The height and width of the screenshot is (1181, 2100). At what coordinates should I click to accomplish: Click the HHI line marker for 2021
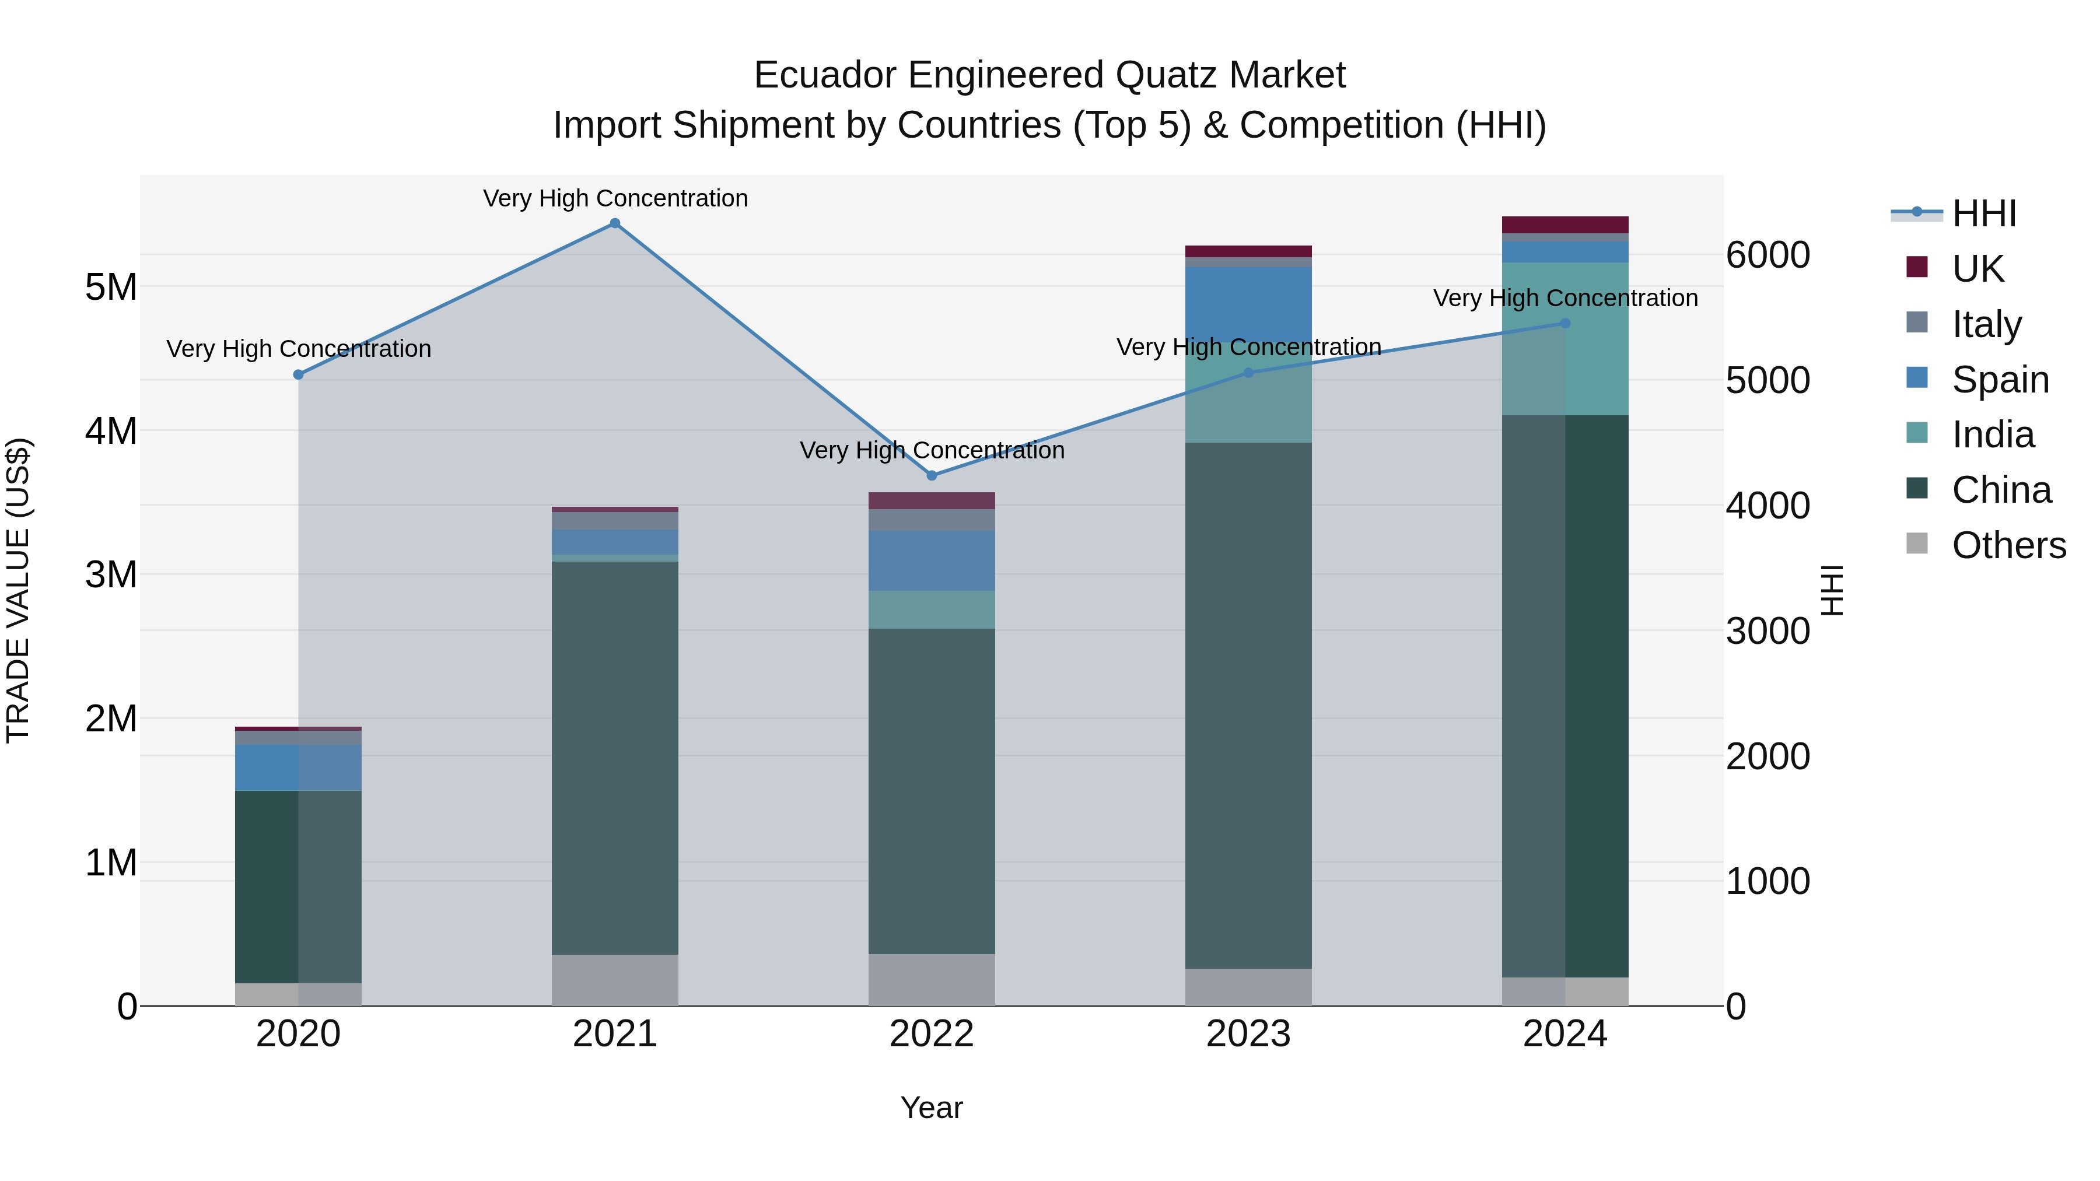pos(615,223)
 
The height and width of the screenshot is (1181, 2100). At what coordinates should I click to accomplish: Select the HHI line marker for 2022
pos(932,475)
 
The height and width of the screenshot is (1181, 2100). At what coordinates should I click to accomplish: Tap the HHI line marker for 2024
pos(1564,324)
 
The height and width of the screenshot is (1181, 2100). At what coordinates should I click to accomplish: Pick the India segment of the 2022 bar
pos(932,609)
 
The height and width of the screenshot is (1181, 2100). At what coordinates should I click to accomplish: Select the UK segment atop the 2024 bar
pos(1564,225)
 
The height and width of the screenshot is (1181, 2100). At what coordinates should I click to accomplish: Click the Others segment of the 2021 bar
pos(615,980)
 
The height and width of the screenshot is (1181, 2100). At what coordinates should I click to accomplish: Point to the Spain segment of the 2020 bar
pos(298,767)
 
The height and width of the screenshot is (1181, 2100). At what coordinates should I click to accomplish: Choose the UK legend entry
pos(1977,268)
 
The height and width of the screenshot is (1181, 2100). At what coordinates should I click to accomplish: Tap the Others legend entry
pos(2008,545)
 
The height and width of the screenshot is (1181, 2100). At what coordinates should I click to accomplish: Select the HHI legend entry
pos(1983,213)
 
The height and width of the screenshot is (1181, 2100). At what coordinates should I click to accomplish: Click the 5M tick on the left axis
pos(111,287)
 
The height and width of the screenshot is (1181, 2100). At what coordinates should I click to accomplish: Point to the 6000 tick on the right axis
pos(1767,255)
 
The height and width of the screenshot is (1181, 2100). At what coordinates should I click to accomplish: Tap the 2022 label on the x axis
pos(932,1034)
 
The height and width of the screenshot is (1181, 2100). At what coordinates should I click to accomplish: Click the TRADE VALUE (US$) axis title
pos(18,591)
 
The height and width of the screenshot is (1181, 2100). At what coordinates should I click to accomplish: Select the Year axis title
pos(932,1108)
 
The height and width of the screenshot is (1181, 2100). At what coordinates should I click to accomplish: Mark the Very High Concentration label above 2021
pos(615,198)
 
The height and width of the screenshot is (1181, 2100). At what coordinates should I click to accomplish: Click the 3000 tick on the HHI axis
pos(1767,631)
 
